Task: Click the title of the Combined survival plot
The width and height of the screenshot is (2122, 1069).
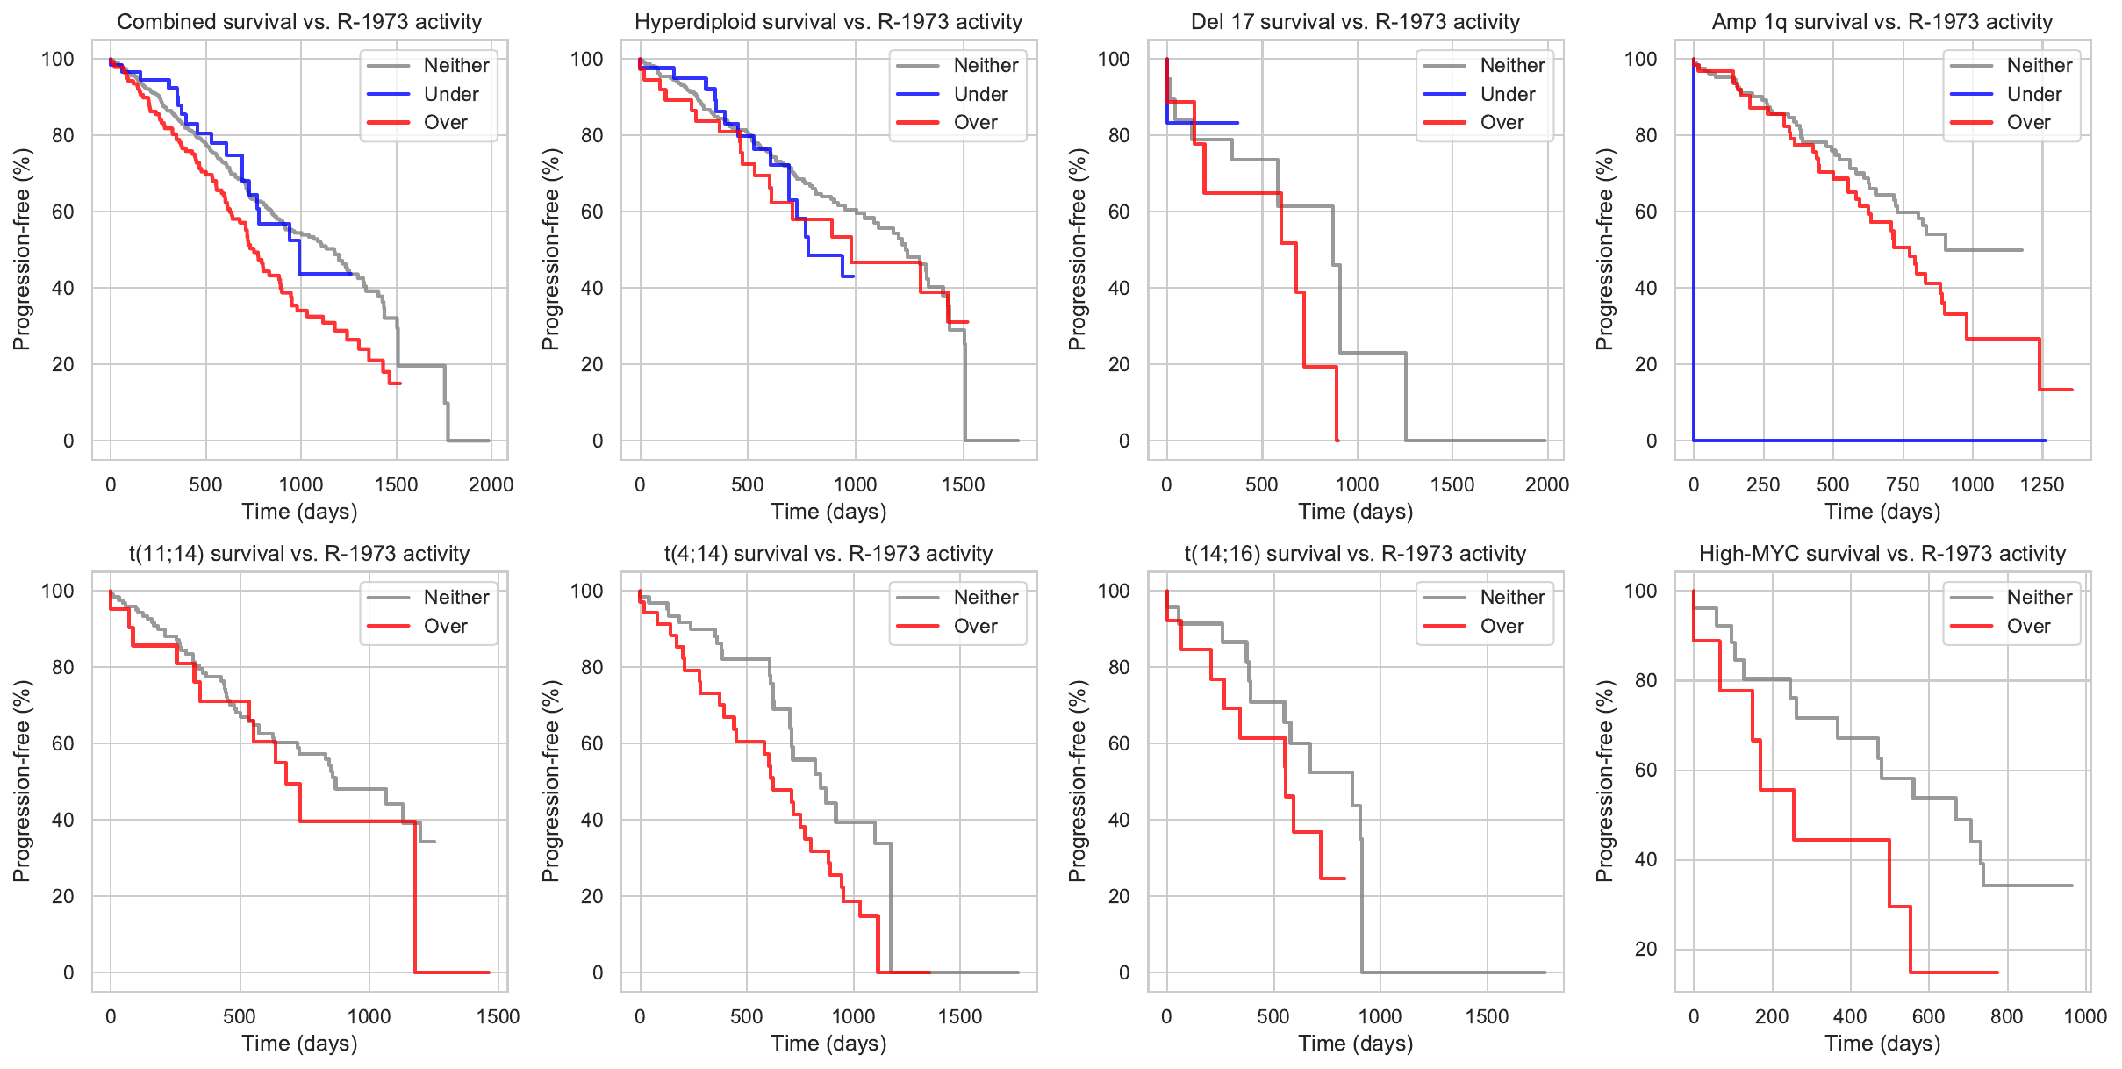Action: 299,22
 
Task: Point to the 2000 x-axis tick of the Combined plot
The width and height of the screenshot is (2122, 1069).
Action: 491,484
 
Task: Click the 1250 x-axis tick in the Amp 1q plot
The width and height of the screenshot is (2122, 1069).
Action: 2042,484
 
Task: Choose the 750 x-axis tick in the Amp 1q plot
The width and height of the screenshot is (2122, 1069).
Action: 1903,484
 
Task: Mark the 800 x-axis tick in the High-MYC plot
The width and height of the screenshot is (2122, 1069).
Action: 2007,1016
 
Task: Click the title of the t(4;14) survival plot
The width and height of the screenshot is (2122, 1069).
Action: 828,554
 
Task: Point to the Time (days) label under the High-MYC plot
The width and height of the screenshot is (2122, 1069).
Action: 1882,1044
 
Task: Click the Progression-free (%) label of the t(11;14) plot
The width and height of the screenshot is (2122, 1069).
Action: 22,781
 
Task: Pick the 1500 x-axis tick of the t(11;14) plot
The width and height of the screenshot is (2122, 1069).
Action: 498,1016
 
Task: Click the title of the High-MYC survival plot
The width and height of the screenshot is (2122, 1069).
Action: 1882,554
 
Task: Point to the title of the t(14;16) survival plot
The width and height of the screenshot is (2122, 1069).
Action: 1355,554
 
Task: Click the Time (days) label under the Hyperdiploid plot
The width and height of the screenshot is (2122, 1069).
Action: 828,512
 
